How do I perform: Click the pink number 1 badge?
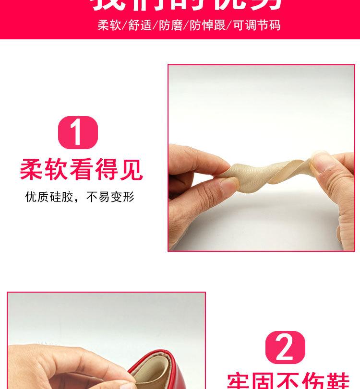78,132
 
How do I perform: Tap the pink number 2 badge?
285,347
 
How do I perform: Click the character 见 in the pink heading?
132,170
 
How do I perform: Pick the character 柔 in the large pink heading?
32,170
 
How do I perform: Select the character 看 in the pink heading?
82,170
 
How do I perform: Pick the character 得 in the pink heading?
107,170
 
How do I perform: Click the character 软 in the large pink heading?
57,170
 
